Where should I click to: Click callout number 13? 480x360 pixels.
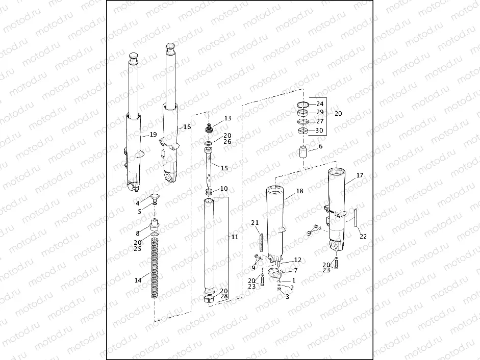coord(228,118)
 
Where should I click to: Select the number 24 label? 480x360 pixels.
coord(320,104)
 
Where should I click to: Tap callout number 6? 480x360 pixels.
coord(320,146)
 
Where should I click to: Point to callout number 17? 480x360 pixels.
coord(360,175)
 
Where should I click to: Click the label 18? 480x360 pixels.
coord(299,191)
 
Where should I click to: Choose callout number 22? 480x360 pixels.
coord(363,236)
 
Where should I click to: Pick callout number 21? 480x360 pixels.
coord(255,223)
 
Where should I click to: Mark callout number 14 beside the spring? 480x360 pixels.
coord(138,280)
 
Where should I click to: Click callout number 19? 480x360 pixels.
coord(153,135)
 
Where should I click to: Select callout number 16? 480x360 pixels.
coord(187,126)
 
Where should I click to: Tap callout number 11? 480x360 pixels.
coord(235,237)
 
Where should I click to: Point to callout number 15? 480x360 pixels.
coord(224,168)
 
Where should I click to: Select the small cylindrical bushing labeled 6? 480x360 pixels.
coord(305,151)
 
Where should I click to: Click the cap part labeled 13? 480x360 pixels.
coord(209,128)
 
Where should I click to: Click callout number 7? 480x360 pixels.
coord(295,270)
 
